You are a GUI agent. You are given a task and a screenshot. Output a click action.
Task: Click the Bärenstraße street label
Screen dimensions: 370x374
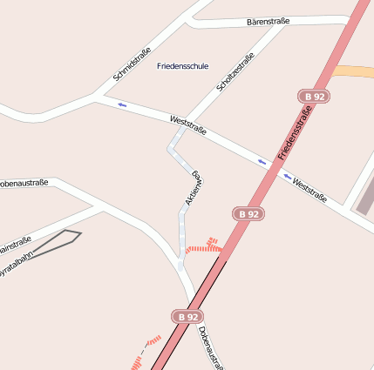tap(268, 21)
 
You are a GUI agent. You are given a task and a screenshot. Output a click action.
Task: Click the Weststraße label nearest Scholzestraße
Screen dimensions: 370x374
tap(188, 125)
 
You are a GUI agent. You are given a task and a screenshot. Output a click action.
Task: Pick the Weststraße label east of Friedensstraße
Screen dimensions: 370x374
tap(309, 190)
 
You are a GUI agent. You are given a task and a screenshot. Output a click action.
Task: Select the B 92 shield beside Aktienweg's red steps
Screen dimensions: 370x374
tap(248, 213)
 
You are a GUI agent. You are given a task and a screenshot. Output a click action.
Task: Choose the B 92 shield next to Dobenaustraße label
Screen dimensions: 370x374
tap(187, 317)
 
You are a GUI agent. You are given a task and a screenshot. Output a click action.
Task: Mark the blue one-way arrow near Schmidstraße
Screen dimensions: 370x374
tap(121, 105)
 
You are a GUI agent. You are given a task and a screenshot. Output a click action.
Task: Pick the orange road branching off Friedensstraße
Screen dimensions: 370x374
tap(356, 72)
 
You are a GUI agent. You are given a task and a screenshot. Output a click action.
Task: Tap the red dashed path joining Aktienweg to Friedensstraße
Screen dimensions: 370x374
tap(204, 248)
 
